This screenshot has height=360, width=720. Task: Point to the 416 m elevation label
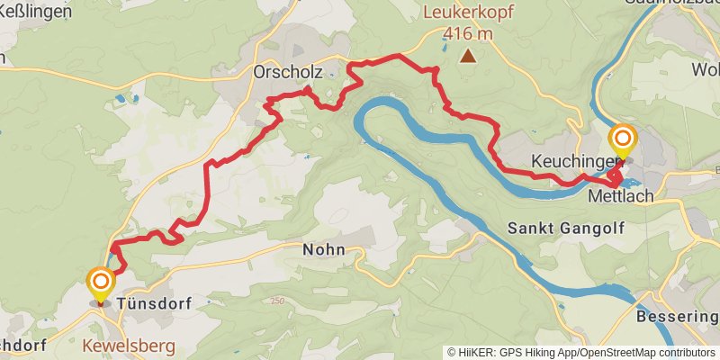pyautogui.click(x=468, y=34)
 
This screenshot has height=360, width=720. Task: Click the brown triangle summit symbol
pyautogui.click(x=468, y=57)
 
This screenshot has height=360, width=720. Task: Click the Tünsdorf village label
pyautogui.click(x=155, y=304)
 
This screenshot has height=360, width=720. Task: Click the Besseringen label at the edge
pyautogui.click(x=677, y=318)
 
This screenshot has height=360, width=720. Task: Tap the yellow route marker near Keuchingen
pyautogui.click(x=622, y=140)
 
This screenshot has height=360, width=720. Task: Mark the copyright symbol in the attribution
pyautogui.click(x=452, y=352)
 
